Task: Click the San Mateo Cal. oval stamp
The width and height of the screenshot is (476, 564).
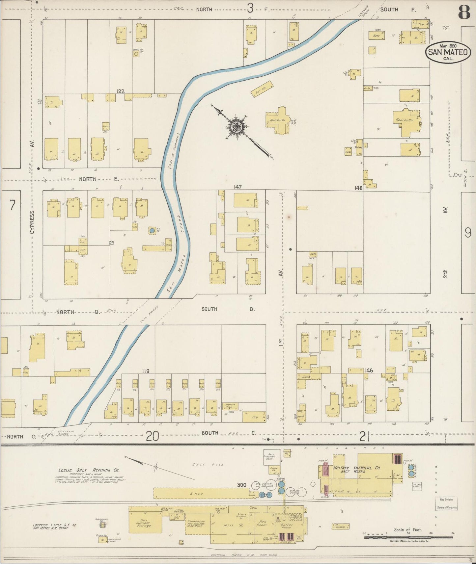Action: coord(447,52)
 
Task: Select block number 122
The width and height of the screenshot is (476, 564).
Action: coord(120,91)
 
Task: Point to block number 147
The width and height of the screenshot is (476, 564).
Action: coord(238,187)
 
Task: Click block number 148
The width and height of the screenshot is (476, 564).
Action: coord(358,188)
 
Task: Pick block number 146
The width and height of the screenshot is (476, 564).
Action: coord(369,371)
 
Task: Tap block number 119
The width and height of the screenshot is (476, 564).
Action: coord(146,371)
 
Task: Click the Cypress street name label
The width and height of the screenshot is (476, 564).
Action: coord(32,222)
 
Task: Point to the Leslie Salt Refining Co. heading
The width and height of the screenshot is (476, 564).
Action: coord(89,470)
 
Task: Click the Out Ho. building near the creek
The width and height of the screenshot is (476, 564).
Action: coord(263,89)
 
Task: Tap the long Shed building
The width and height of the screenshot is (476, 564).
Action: coord(201,493)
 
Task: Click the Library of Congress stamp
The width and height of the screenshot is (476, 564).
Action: coord(446,507)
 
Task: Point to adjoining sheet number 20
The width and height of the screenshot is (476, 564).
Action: coord(152,436)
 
